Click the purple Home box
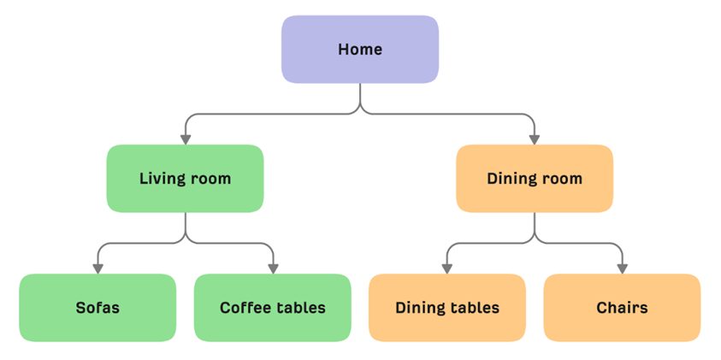(360, 50)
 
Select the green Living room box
(186, 179)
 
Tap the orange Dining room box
(535, 179)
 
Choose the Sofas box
(98, 308)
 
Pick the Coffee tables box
(273, 308)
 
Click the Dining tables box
(447, 308)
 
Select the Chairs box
(622, 308)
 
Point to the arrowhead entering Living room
(186, 139)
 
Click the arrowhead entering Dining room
(535, 139)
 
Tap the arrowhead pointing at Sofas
(98, 269)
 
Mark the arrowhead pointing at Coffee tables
(273, 269)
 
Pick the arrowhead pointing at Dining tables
(447, 269)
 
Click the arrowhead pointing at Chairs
(622, 269)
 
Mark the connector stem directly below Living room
(186, 224)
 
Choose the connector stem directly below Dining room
(535, 224)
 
